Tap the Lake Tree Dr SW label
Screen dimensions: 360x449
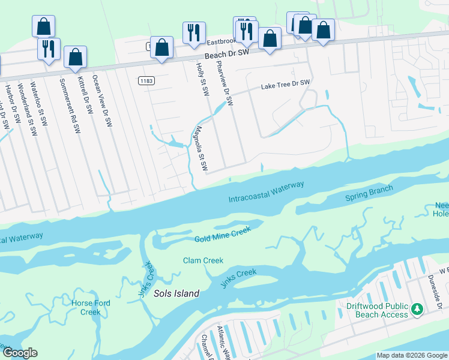coord(285,85)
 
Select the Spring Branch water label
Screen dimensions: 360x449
coord(369,193)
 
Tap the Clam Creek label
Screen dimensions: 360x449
coord(203,260)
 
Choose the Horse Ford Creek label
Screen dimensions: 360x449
coord(91,307)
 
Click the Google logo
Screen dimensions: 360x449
coord(19,353)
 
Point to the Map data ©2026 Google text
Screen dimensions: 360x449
coord(412,355)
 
